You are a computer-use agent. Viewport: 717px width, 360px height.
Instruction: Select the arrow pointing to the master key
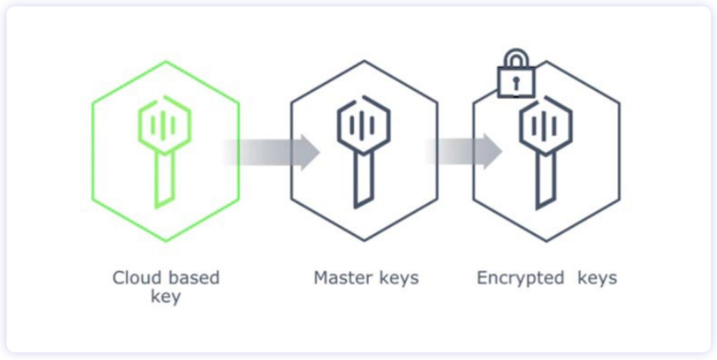coord(273,151)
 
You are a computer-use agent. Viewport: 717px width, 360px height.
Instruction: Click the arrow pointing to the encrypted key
coord(466,151)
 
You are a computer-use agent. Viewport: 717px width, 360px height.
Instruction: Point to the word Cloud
coord(134,278)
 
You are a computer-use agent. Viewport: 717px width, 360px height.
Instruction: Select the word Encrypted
coord(520,278)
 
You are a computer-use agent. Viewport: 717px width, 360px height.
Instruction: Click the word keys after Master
coord(397,278)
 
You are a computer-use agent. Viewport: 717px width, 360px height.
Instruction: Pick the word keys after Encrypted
coord(597,278)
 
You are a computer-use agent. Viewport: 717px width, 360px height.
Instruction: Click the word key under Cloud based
coord(166,296)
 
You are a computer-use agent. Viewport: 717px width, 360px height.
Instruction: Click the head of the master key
coord(363,124)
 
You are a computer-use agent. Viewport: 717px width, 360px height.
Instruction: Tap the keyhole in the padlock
coord(515,83)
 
